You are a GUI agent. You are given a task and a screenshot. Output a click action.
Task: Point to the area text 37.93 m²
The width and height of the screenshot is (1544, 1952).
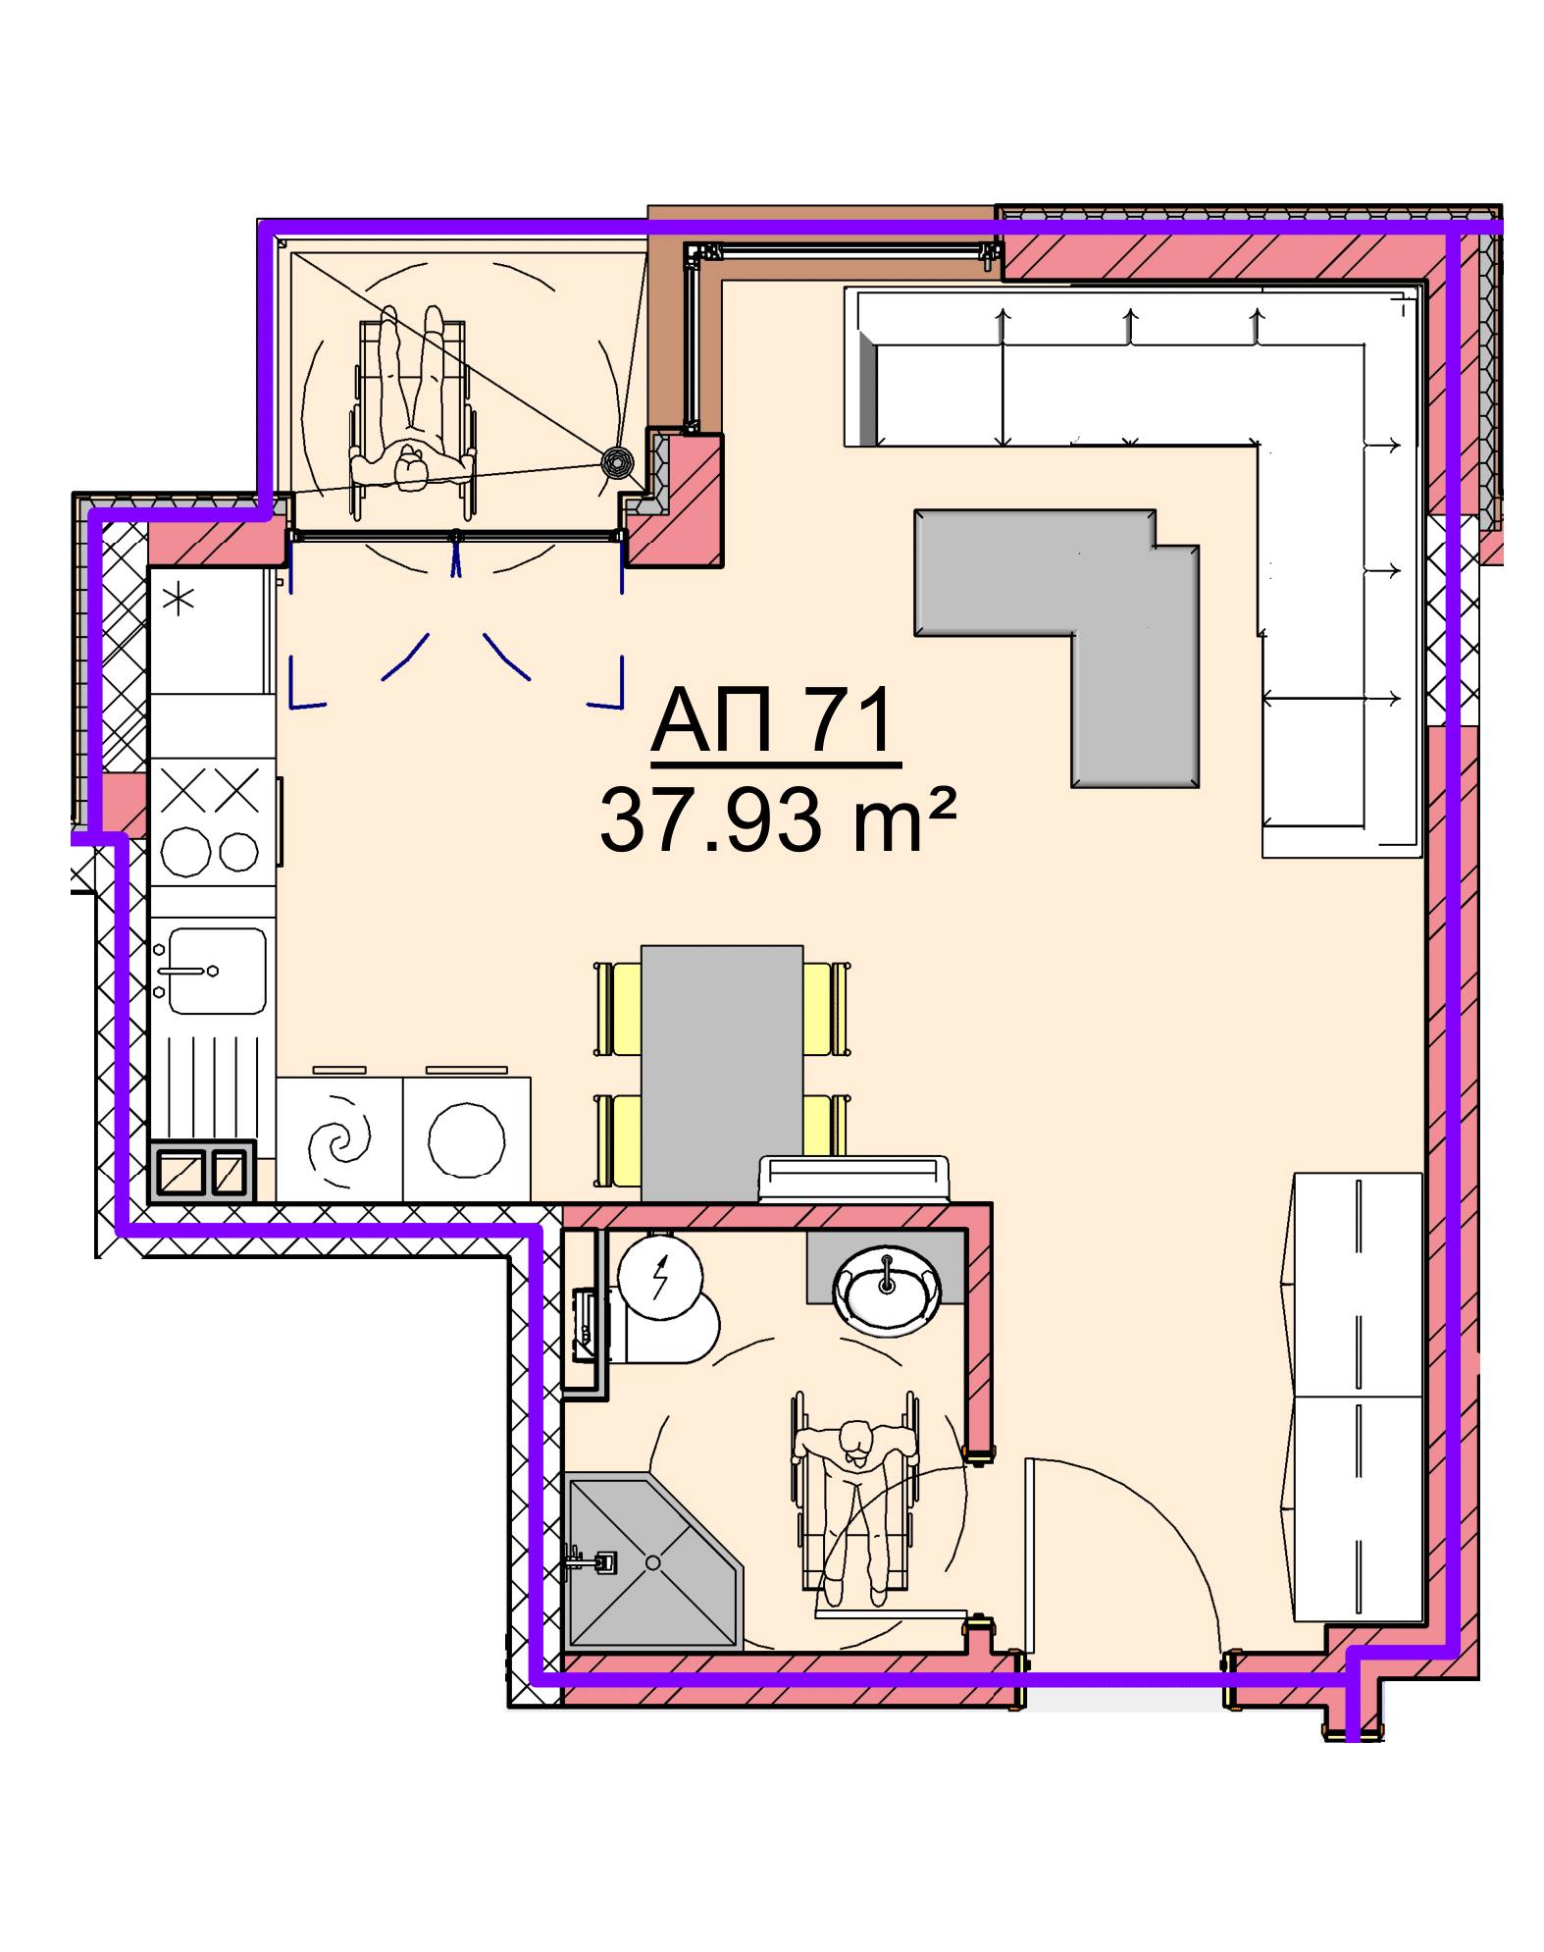(776, 819)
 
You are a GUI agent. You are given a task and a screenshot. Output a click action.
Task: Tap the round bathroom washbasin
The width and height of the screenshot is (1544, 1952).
(886, 1288)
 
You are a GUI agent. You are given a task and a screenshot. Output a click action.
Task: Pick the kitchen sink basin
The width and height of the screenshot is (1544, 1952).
(217, 971)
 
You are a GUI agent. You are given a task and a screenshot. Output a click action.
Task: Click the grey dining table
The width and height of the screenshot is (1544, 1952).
(722, 1073)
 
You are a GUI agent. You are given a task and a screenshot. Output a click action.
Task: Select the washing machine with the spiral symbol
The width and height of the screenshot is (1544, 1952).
(339, 1139)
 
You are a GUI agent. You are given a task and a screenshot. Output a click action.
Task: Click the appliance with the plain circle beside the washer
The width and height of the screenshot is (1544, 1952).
(467, 1139)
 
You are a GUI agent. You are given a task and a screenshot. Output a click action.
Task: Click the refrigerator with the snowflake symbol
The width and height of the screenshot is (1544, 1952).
(210, 630)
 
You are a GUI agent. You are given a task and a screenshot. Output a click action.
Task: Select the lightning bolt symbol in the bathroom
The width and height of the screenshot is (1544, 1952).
(660, 1275)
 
